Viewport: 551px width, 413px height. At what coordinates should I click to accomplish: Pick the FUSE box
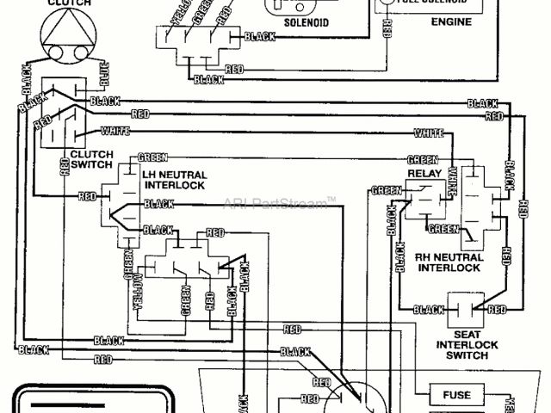point(456,395)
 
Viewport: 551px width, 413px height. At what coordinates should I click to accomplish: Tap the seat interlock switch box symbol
point(467,307)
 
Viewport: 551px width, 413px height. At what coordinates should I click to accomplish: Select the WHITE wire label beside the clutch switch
point(115,131)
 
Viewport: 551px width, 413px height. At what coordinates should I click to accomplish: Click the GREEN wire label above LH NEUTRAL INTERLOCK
point(154,157)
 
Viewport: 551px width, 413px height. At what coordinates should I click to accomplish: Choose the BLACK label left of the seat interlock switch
point(428,310)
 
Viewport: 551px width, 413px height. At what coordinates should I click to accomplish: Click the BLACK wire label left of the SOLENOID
point(259,36)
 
